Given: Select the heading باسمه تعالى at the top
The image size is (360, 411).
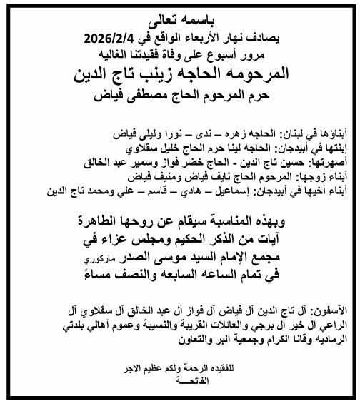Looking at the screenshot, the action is point(182,22).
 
